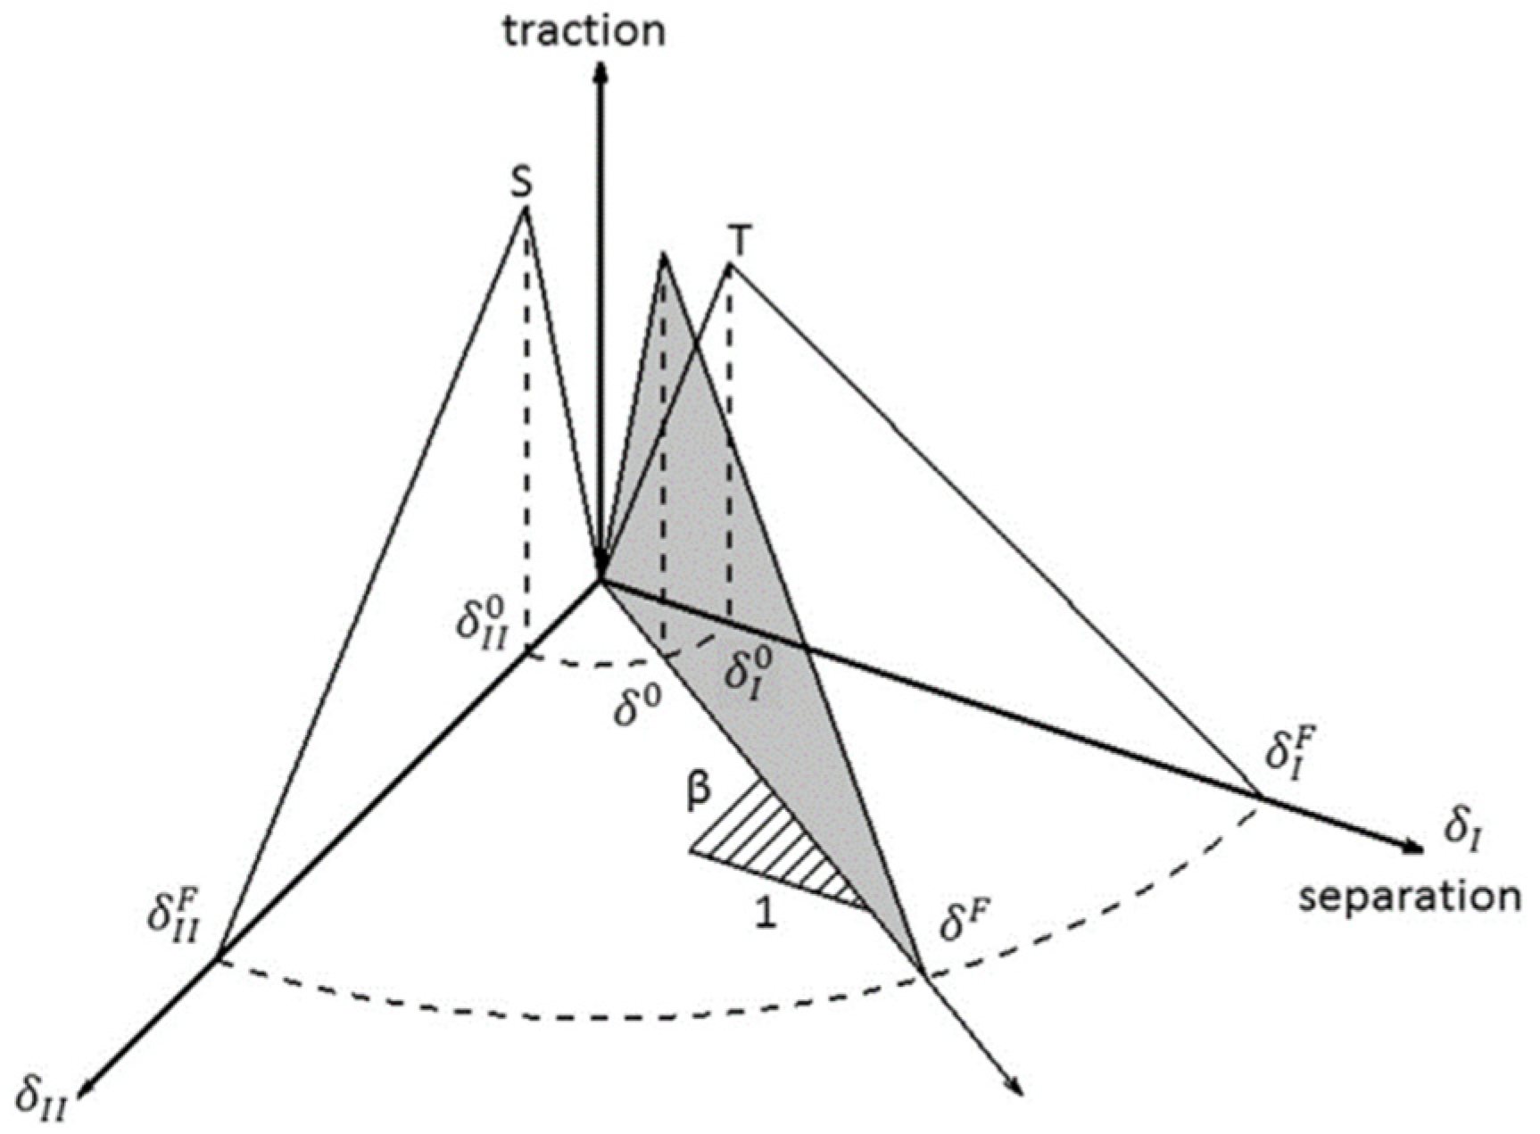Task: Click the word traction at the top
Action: coord(584,30)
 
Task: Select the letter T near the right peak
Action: coord(740,240)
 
